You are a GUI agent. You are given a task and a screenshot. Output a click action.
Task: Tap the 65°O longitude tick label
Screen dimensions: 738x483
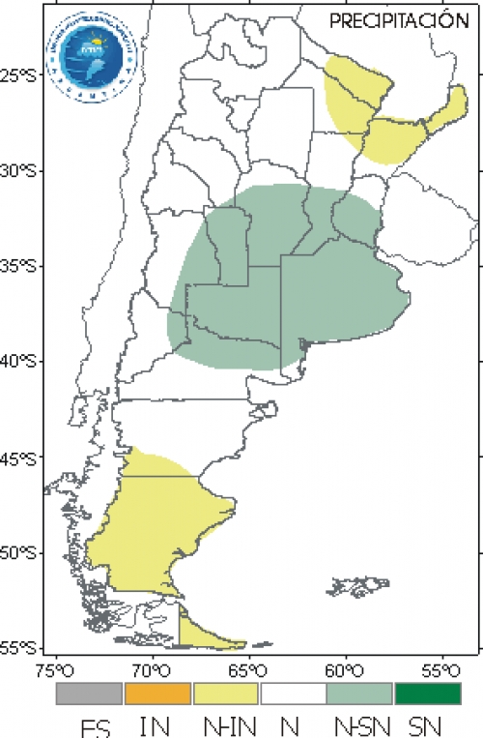(x=247, y=668)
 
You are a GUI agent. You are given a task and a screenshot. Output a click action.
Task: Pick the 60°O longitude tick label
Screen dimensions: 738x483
(x=343, y=668)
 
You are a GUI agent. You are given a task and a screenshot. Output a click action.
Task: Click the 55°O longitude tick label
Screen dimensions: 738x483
(x=439, y=668)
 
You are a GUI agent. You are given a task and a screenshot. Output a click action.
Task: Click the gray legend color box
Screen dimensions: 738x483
(x=90, y=694)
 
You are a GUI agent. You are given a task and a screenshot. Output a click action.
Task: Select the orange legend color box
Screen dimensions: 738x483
(x=157, y=694)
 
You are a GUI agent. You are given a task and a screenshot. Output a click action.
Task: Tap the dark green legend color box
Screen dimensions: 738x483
(x=427, y=694)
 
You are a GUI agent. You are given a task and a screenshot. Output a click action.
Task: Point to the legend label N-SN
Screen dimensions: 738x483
(x=359, y=724)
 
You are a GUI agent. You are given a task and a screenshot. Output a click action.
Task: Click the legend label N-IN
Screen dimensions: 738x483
(x=226, y=724)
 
